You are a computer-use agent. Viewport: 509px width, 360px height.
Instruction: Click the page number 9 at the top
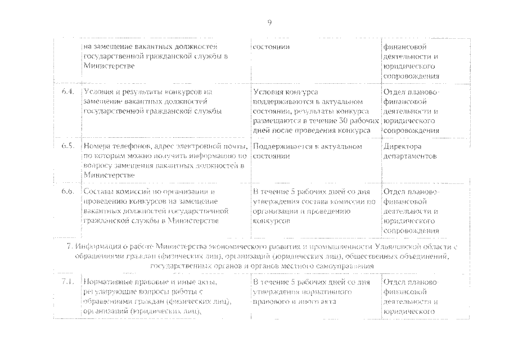pos(269,22)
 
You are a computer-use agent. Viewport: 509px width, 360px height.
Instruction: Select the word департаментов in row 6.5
pos(410,156)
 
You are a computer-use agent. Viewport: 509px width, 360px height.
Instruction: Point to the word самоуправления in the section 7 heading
pos(347,265)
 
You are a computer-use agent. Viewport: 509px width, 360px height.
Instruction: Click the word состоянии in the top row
pos(272,46)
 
